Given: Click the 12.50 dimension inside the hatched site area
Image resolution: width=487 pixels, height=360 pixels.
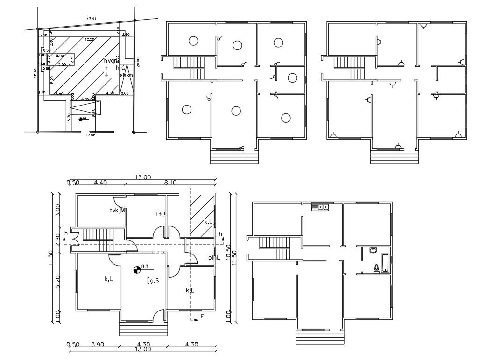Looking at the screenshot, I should tap(89, 40).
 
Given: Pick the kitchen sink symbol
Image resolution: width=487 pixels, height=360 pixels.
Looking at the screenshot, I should tap(320, 206).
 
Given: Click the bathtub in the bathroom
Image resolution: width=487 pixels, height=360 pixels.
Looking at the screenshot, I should tap(385, 263).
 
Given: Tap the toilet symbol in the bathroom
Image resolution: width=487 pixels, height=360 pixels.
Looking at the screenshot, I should tap(376, 268).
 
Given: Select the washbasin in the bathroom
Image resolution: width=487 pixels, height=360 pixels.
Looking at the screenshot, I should tap(373, 250).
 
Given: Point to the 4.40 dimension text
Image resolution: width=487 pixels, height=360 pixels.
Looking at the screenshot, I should tap(100, 183).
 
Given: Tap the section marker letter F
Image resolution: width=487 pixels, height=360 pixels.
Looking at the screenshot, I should tap(202, 317).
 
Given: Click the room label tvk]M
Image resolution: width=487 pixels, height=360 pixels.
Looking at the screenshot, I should tap(118, 211).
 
